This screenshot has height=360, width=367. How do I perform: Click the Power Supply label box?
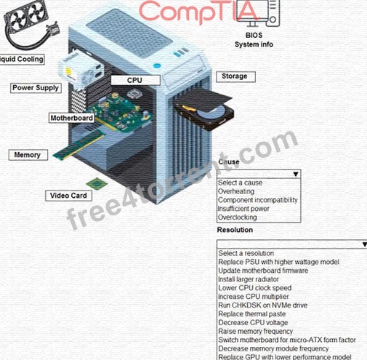tap(36, 88)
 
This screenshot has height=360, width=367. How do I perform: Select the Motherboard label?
tap(72, 118)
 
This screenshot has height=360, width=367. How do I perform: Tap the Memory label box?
tap(28, 155)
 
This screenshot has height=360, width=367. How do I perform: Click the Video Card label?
tap(68, 196)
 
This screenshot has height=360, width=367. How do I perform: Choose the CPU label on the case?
tap(135, 80)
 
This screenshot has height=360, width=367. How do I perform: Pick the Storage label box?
tap(235, 76)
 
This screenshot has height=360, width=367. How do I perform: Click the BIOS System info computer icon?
tap(258, 13)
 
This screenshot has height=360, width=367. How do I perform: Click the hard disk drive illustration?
tap(205, 109)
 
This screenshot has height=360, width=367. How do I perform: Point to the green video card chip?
tap(97, 183)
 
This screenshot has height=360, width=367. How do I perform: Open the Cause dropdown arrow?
tap(296, 175)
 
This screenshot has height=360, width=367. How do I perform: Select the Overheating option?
tap(236, 191)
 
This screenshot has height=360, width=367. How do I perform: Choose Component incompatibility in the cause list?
tap(257, 200)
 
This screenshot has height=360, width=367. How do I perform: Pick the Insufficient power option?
tap(243, 209)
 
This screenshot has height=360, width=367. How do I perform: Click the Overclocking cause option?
tap(237, 217)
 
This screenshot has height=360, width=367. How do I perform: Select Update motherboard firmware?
tap(263, 271)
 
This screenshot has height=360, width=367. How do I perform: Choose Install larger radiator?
tap(249, 279)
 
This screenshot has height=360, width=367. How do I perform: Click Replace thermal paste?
tap(252, 314)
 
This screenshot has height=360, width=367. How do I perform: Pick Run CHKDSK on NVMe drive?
tap(262, 305)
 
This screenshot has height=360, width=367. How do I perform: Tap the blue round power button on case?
tap(157, 65)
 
